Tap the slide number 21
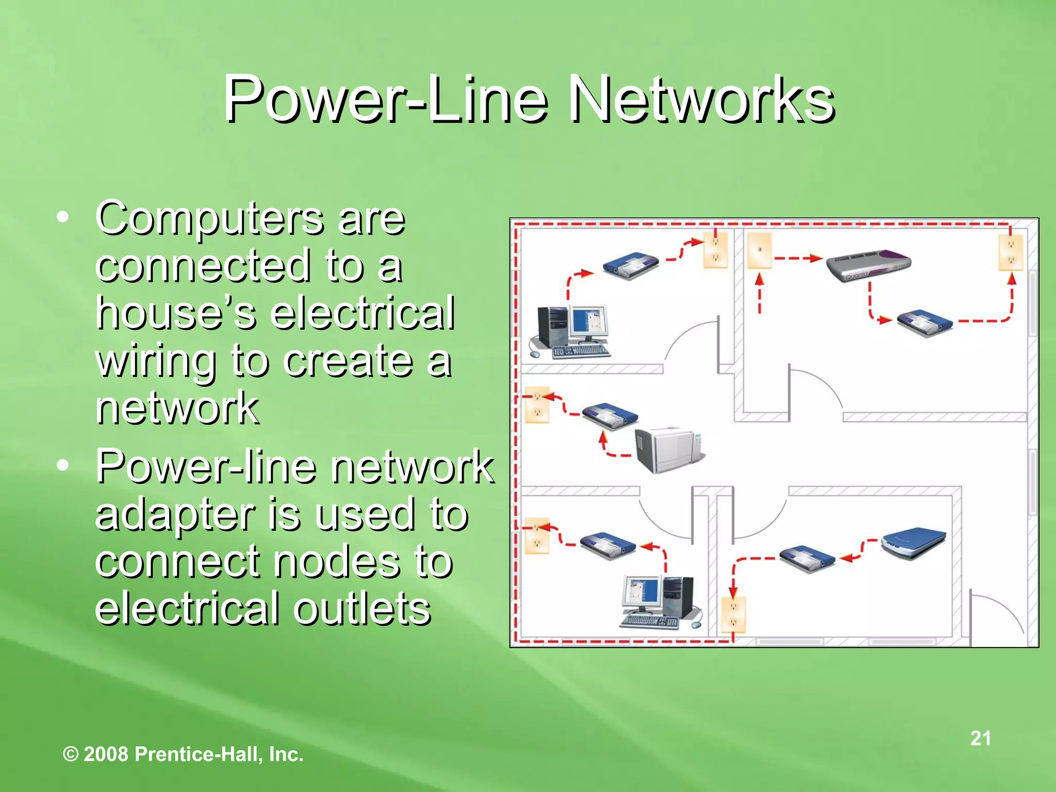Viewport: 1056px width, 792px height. tap(980, 738)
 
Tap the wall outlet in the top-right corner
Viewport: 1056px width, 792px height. tap(1011, 252)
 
